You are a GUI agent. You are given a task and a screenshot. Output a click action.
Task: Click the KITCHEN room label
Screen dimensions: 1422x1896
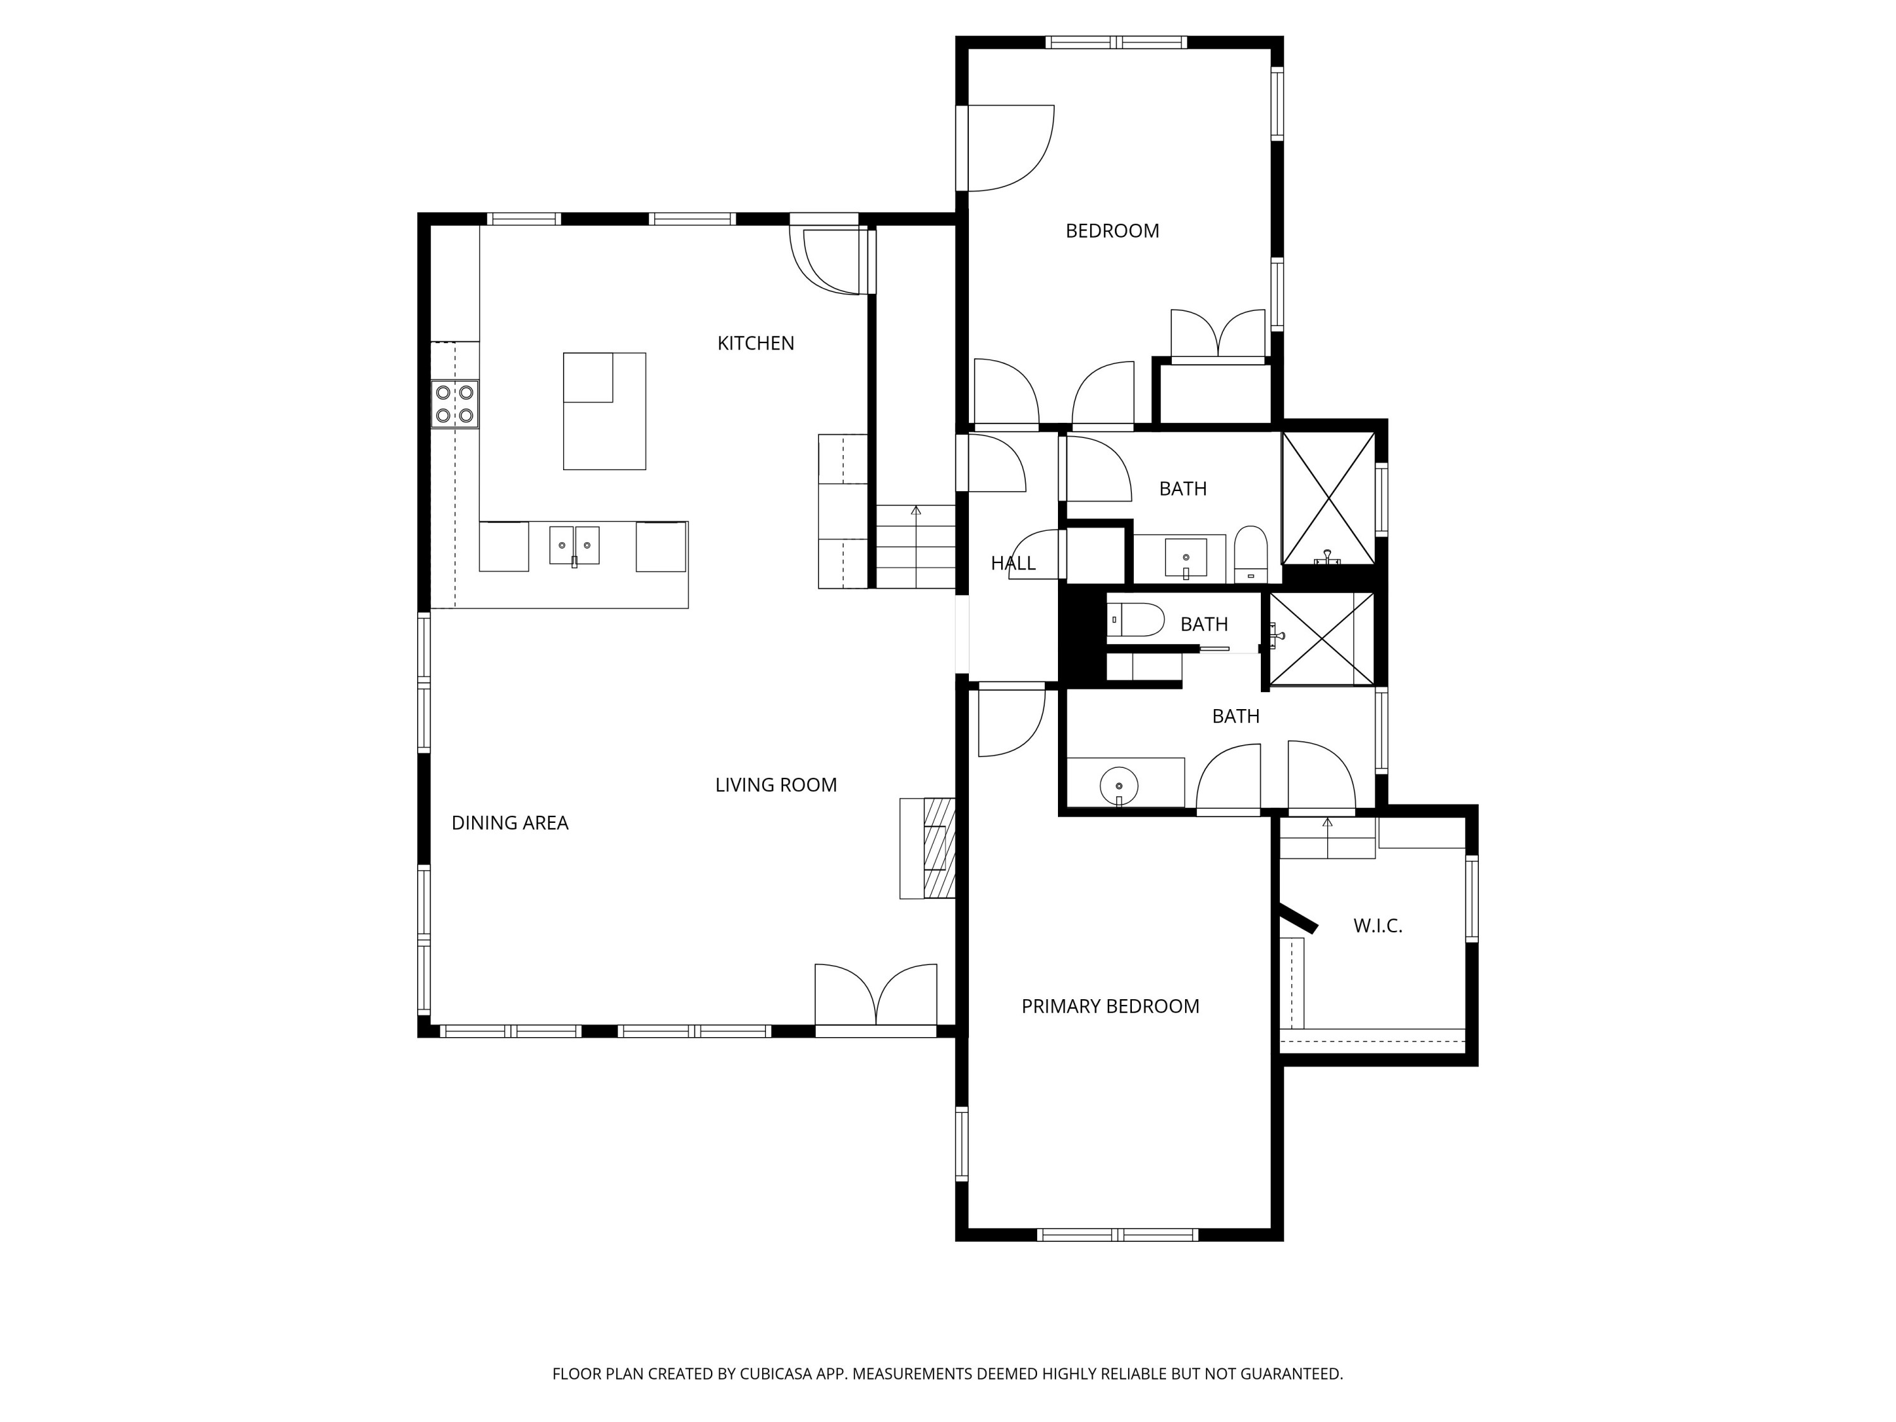click(755, 343)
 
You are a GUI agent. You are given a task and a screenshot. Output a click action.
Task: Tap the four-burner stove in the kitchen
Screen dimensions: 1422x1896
click(454, 404)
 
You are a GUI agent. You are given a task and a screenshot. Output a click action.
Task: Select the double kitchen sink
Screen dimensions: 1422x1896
click(574, 545)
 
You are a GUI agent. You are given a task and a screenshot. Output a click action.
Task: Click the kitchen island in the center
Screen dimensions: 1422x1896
click(604, 411)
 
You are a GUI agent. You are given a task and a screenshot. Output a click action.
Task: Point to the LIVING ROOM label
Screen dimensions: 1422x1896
click(775, 784)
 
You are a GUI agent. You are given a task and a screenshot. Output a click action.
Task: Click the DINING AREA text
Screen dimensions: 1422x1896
click(510, 823)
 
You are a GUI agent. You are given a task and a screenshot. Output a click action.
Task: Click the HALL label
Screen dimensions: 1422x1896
click(1012, 563)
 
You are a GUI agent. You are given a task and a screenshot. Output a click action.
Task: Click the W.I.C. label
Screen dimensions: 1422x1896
click(1377, 926)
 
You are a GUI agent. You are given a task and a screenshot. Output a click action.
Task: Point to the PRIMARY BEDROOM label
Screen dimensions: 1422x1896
click(1110, 1006)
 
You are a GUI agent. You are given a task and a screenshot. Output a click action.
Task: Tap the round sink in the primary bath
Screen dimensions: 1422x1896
click(1119, 785)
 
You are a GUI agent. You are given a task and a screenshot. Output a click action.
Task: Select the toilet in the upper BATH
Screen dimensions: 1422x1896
click(1251, 554)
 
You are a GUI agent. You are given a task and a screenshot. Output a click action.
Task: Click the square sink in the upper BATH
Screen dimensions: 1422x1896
click(1186, 557)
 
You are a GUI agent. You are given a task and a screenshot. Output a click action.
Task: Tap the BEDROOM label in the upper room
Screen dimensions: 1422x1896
click(1112, 231)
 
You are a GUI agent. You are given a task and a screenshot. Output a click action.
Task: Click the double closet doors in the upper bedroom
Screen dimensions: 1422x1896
click(1218, 334)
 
